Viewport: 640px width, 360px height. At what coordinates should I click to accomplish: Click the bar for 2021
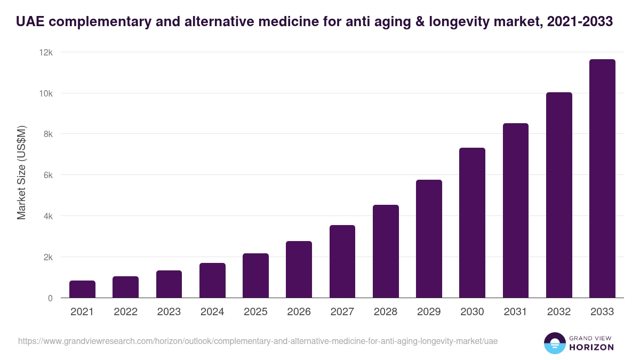tap(82, 289)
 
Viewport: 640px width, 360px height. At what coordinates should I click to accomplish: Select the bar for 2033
tap(602, 179)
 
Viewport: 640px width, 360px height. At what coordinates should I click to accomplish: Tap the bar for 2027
tap(342, 261)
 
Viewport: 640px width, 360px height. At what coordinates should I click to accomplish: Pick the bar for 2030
tap(472, 223)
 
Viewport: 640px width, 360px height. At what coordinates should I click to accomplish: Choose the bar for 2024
tap(212, 281)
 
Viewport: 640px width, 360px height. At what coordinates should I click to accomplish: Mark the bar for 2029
tap(429, 239)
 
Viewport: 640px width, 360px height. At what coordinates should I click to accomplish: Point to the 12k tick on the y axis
tap(46, 52)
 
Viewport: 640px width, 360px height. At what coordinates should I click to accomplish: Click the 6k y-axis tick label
tap(48, 175)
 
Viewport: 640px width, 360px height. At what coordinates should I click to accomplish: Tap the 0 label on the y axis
tap(50, 298)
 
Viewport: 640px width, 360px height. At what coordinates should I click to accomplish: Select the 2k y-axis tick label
tap(48, 257)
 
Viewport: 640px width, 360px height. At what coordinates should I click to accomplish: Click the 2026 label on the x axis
tap(299, 312)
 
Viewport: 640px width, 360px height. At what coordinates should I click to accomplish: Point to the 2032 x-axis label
tap(559, 312)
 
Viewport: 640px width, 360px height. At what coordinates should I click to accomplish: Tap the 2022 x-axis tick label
tap(125, 312)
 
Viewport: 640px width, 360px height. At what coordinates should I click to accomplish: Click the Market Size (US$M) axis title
tap(21, 172)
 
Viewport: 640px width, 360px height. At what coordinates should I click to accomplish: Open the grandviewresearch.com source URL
tap(258, 340)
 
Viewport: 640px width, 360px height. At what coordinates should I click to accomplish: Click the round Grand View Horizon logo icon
tap(554, 343)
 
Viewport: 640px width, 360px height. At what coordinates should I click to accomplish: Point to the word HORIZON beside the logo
tap(591, 347)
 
